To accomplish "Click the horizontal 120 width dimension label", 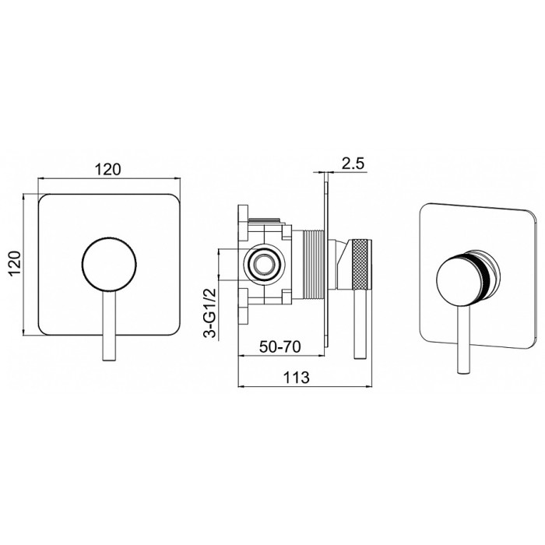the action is point(107,169).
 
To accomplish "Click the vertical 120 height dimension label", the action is point(15,263).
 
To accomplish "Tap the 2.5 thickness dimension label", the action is point(353,163).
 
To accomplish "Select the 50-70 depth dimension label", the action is point(280,346).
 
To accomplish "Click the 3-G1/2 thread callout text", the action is point(209,313).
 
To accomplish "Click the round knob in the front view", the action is point(109,264).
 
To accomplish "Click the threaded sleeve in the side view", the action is point(314,264).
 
